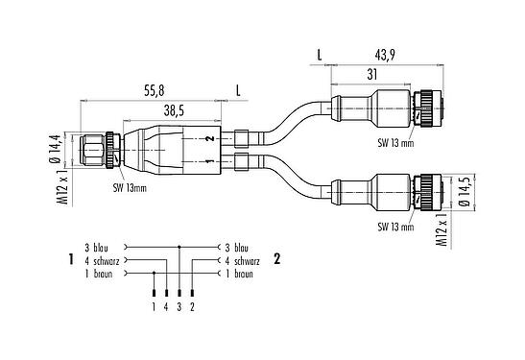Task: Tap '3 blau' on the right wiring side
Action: [237, 247]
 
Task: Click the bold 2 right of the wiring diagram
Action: [277, 259]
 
